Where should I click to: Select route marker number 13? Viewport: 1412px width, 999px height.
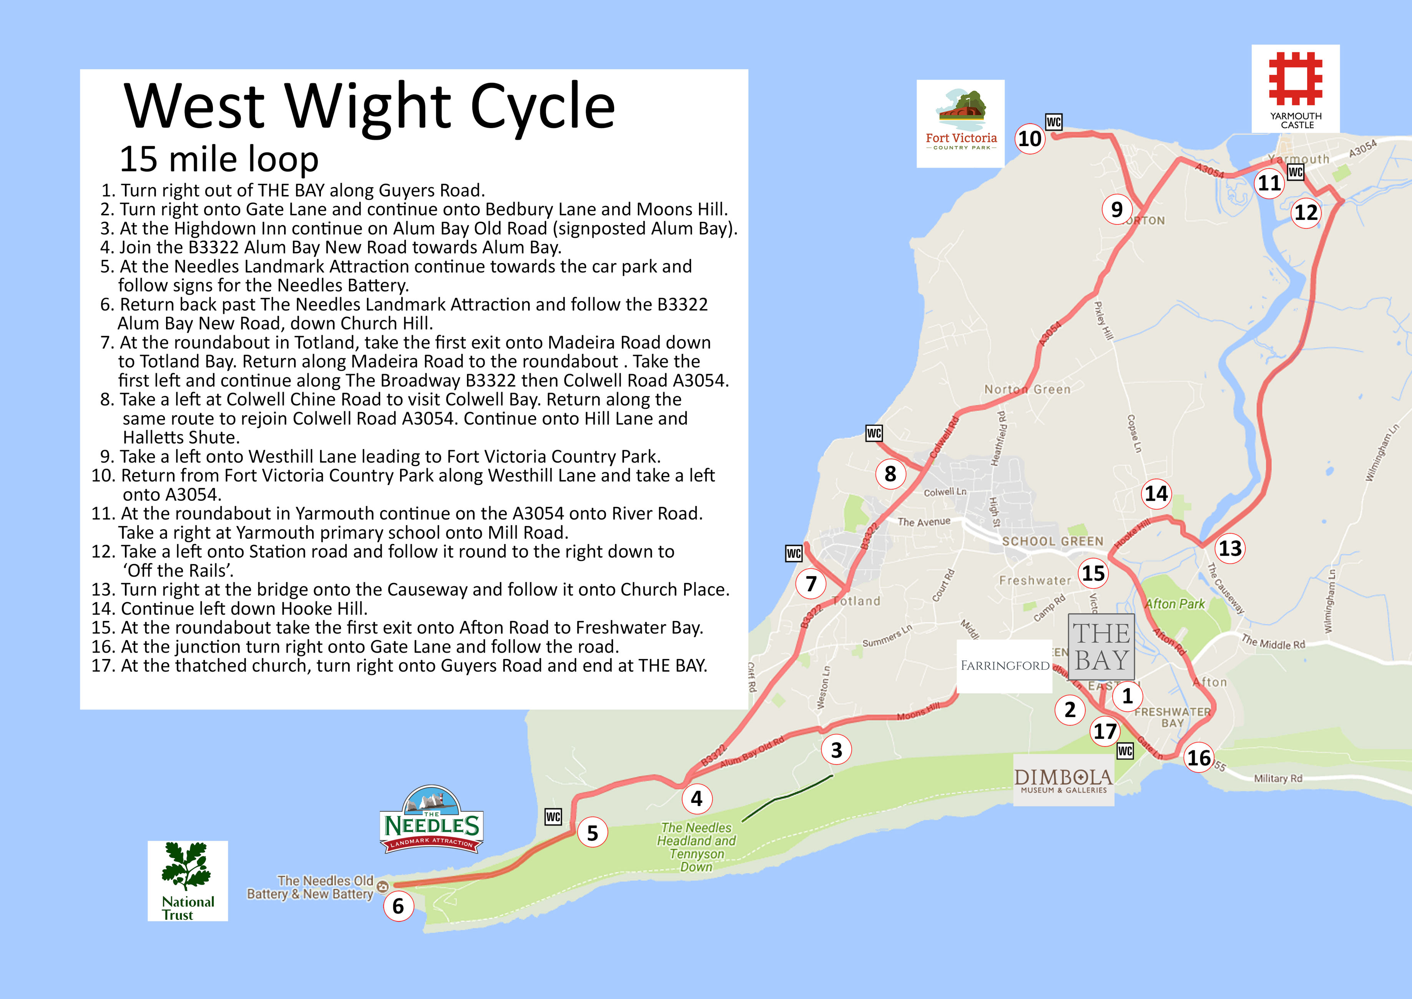(x=1230, y=548)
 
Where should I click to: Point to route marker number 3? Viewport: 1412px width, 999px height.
(x=836, y=750)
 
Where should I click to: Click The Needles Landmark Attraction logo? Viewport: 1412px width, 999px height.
(x=432, y=820)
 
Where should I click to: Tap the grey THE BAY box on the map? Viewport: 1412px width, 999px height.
(x=1101, y=646)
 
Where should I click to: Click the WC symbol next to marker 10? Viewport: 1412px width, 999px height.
(x=1053, y=122)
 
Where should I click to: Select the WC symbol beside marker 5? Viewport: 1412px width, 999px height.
(x=553, y=817)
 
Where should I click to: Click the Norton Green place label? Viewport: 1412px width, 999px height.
(x=1027, y=390)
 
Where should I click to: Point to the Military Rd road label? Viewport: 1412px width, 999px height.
(x=1278, y=778)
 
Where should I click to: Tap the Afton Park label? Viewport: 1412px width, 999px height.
(x=1174, y=604)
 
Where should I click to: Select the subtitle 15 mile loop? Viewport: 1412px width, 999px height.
(x=219, y=159)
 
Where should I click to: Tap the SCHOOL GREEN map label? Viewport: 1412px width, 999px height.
(x=1052, y=541)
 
